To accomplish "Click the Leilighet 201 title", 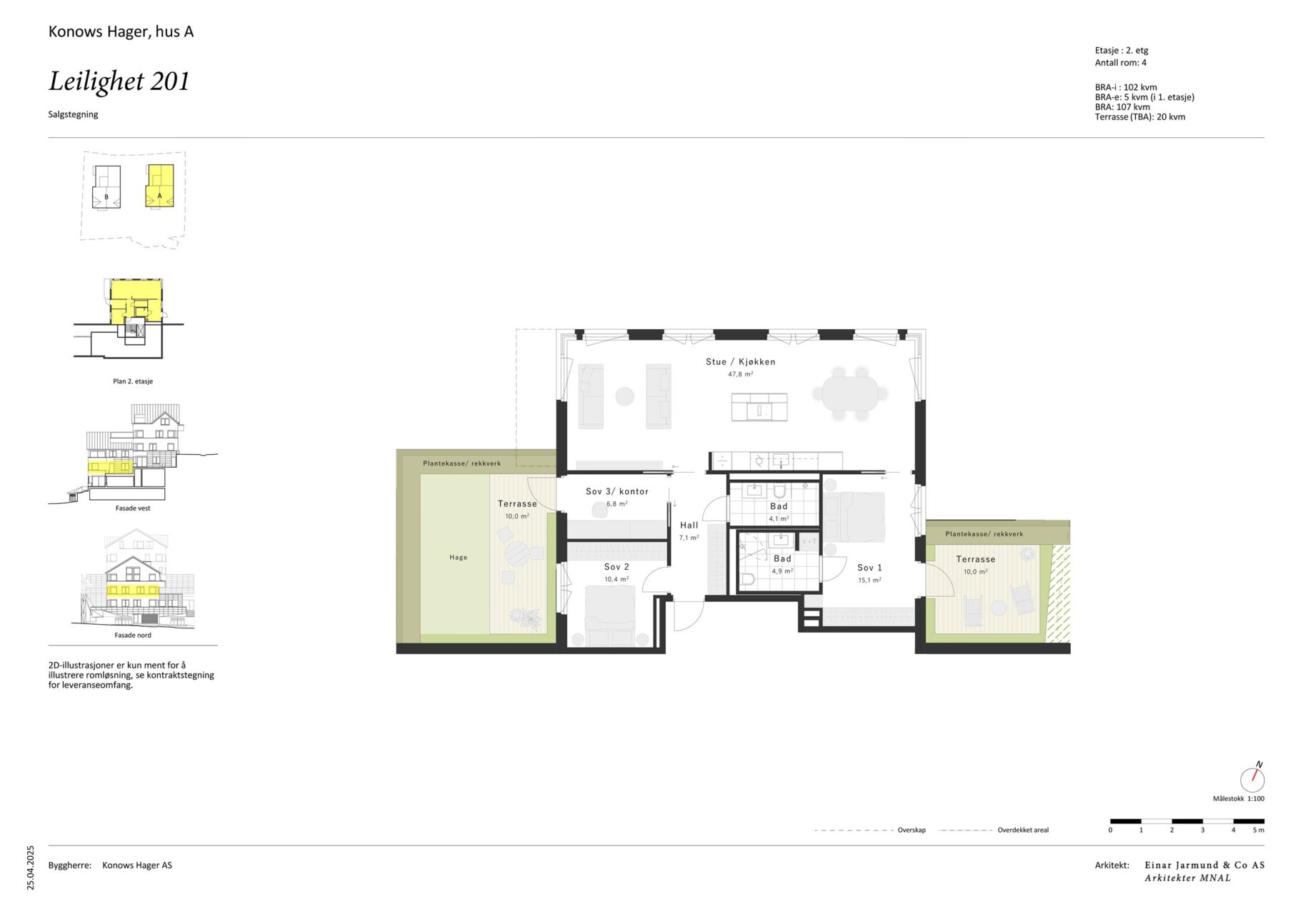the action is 119,81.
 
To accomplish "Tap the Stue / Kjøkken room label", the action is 740,362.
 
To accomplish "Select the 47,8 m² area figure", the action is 740,374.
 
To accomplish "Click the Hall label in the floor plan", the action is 689,526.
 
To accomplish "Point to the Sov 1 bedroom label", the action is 869,568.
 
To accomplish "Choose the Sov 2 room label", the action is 616,567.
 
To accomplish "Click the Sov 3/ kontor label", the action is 617,491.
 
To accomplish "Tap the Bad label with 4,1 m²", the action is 779,506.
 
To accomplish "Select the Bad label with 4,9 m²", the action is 782,559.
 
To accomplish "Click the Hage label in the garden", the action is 459,558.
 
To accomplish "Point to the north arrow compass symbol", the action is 1252,778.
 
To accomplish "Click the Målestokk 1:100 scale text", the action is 1238,799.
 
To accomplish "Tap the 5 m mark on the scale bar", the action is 1258,830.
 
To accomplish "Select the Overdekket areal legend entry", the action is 1023,830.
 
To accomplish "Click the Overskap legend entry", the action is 912,830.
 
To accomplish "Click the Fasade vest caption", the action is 133,508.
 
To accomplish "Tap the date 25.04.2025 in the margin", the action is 31,868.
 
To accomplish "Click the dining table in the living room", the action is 850,393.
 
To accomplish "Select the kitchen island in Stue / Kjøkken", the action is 759,407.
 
